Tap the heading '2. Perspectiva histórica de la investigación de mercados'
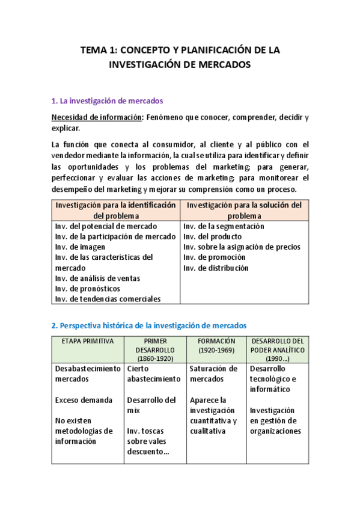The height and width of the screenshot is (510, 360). point(148,325)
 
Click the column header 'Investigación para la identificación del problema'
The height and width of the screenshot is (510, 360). point(116,210)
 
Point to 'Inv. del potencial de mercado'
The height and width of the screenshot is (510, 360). point(106,226)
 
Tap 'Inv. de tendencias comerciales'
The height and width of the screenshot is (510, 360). point(108,298)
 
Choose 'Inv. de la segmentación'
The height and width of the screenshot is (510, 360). point(224,226)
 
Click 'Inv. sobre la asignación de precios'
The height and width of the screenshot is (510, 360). point(242,247)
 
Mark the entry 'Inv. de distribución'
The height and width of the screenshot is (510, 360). point(216,268)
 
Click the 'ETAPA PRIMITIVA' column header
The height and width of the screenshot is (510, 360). point(87,341)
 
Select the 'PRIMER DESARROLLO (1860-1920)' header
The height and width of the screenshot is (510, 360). point(155,349)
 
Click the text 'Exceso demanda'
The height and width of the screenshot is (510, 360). point(84,399)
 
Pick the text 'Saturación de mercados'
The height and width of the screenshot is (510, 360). point(213,373)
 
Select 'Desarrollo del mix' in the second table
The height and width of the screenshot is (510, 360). point(151,405)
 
